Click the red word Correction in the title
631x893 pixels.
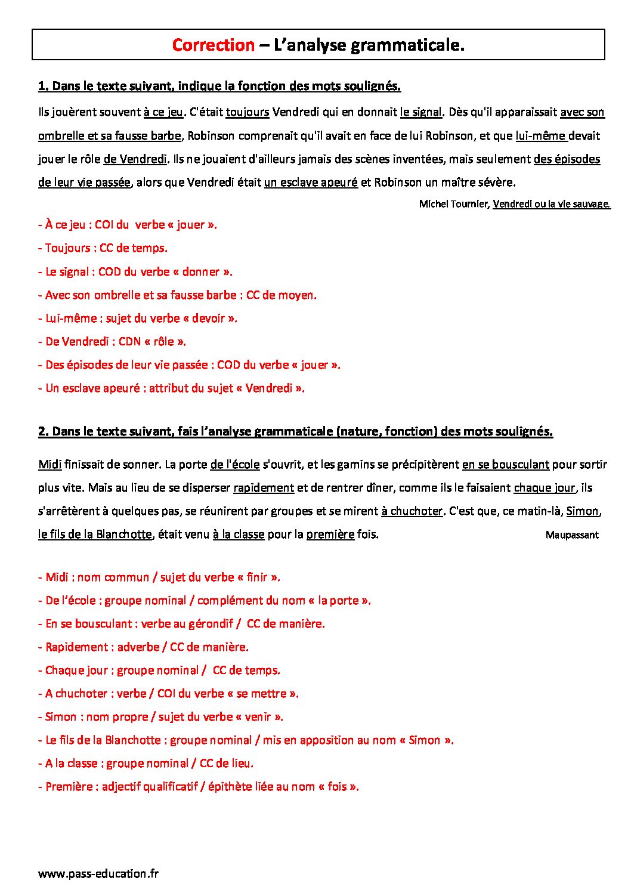pyautogui.click(x=213, y=45)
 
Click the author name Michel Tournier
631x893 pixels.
pyautogui.click(x=454, y=204)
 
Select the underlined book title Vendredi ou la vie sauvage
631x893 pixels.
pyautogui.click(x=551, y=204)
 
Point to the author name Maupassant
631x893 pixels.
pyautogui.click(x=571, y=535)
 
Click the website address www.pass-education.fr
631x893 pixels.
pyautogui.click(x=98, y=874)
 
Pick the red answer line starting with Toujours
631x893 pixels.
pyautogui.click(x=103, y=248)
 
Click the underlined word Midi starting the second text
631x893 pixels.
pyautogui.click(x=50, y=464)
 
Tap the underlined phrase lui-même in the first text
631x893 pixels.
pyautogui.click(x=541, y=136)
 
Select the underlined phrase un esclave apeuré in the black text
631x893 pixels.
pyautogui.click(x=311, y=183)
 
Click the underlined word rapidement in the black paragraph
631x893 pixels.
pyautogui.click(x=264, y=488)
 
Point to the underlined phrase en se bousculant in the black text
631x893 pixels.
pyautogui.click(x=505, y=464)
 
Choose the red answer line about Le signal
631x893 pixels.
pyautogui.click(x=135, y=272)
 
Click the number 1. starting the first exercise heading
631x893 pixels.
pyautogui.click(x=43, y=86)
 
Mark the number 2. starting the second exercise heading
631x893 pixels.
pyautogui.click(x=43, y=431)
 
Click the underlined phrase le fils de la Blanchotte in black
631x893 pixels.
pyautogui.click(x=95, y=534)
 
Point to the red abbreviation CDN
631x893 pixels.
pyautogui.click(x=129, y=342)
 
